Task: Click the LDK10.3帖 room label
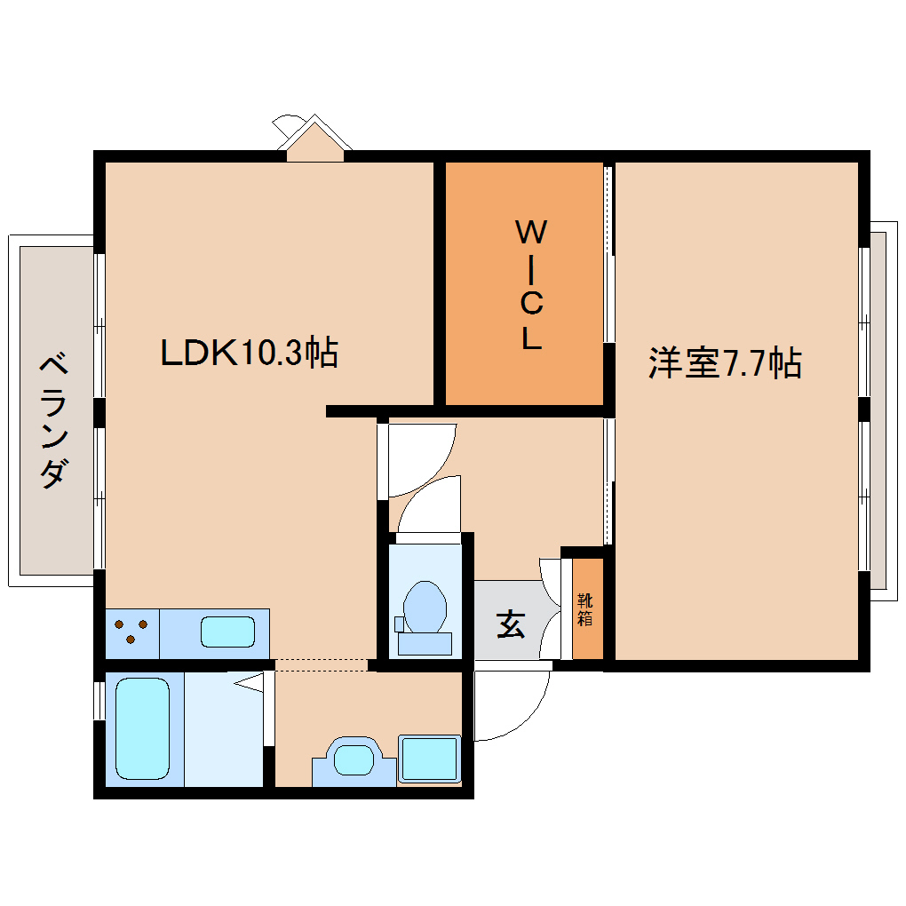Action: point(248,354)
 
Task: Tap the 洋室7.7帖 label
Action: point(725,363)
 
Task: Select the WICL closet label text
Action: point(530,285)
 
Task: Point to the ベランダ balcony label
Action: point(54,421)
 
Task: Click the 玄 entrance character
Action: point(510,624)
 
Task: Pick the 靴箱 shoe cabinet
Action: point(585,610)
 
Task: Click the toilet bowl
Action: point(424,606)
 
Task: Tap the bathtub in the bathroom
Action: point(142,727)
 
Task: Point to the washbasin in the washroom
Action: point(354,759)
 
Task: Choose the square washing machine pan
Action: point(429,759)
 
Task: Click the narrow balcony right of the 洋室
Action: point(878,409)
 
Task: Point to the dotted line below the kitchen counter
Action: point(320,663)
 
